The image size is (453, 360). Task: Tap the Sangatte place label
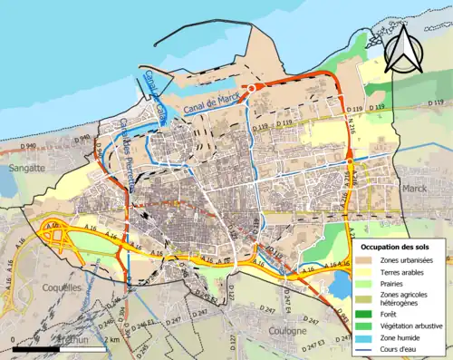tap(24, 169)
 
